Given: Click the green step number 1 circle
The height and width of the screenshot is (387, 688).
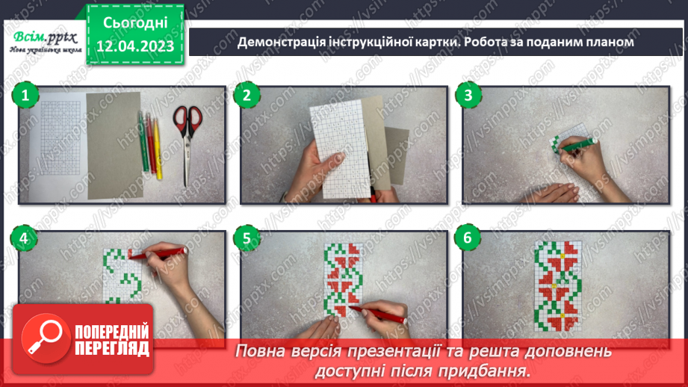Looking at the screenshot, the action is (25, 95).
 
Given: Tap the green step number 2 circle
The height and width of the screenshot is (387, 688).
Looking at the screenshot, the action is (247, 95).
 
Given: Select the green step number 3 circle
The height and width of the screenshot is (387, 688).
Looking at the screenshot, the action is (468, 95).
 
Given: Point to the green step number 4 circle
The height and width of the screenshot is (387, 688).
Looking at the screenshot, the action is (24, 238).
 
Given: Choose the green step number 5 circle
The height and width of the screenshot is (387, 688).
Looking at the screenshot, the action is (247, 238).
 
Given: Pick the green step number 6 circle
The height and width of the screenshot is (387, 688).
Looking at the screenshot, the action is (468, 238).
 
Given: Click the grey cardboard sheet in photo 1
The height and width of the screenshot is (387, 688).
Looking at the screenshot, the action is (114, 146).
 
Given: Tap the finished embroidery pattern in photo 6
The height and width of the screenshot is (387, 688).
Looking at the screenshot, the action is (558, 285).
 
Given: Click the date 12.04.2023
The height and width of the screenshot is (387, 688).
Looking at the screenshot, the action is (135, 46).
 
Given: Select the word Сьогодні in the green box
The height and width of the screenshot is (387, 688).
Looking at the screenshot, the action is (135, 23).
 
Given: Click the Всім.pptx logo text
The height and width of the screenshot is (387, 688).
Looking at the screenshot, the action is (45, 38).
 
